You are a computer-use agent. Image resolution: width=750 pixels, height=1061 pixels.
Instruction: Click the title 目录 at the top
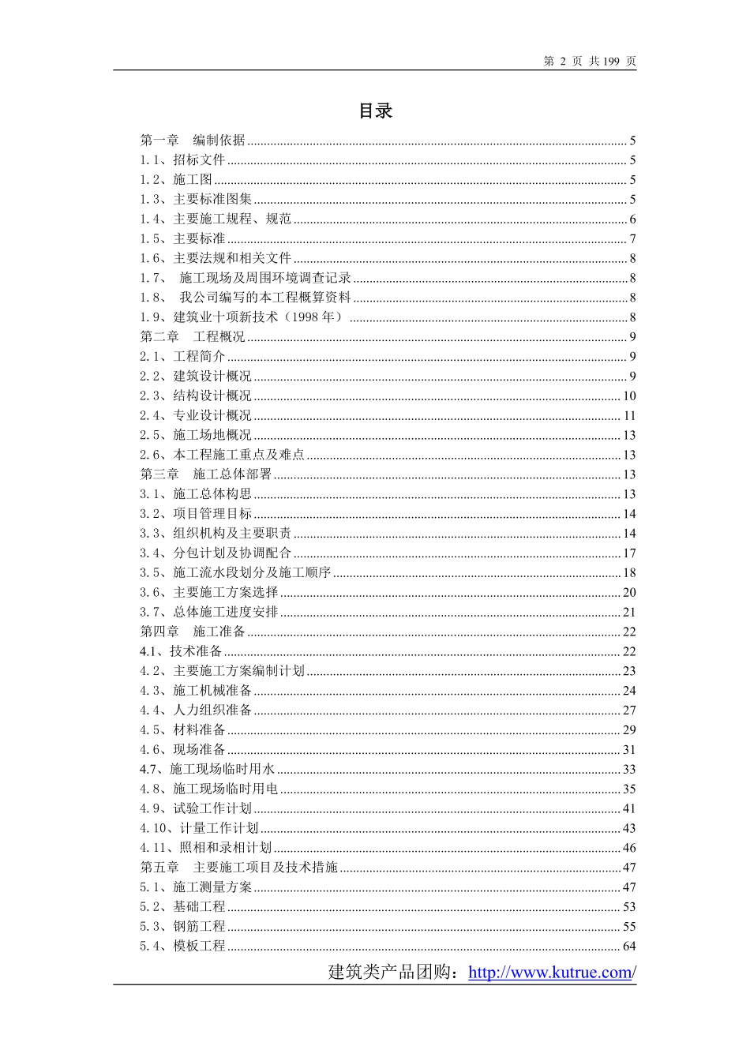(x=375, y=111)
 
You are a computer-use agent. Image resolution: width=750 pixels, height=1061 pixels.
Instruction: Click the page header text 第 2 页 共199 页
(x=589, y=62)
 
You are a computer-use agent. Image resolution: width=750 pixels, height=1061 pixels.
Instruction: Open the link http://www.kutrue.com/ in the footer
(x=552, y=973)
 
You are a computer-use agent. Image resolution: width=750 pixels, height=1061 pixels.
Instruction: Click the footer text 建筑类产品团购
(x=392, y=973)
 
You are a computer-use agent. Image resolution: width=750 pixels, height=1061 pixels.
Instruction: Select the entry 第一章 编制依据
(x=193, y=141)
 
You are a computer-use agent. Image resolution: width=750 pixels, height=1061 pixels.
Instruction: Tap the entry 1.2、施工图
(x=176, y=179)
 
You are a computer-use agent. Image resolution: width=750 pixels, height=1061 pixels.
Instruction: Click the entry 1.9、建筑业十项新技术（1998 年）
(x=242, y=317)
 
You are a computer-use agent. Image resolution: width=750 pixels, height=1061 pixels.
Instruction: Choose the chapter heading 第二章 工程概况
(x=193, y=337)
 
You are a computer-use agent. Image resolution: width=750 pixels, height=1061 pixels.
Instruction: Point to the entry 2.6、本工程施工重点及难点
(x=222, y=455)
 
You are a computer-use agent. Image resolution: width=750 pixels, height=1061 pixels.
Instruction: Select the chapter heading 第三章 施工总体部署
(x=205, y=474)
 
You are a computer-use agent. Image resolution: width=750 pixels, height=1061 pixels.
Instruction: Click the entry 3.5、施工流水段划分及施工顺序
(x=235, y=572)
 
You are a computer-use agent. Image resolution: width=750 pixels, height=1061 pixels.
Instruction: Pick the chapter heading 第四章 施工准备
(x=193, y=632)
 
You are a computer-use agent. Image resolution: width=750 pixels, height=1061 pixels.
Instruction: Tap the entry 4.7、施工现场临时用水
(x=207, y=769)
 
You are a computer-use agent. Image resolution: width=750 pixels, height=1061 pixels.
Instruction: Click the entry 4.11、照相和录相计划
(x=205, y=848)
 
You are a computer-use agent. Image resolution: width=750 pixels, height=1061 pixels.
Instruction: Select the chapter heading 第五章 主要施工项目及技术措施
(x=238, y=868)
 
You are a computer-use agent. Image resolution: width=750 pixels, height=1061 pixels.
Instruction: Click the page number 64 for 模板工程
(x=629, y=947)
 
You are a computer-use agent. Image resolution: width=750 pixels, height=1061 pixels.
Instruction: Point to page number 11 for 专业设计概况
(x=629, y=416)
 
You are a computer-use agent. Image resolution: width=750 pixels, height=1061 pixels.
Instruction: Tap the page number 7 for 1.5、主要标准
(x=632, y=239)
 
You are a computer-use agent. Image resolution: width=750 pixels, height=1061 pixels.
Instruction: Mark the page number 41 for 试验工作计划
(x=629, y=808)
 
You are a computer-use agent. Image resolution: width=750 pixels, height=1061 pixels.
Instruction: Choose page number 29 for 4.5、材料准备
(x=629, y=730)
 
